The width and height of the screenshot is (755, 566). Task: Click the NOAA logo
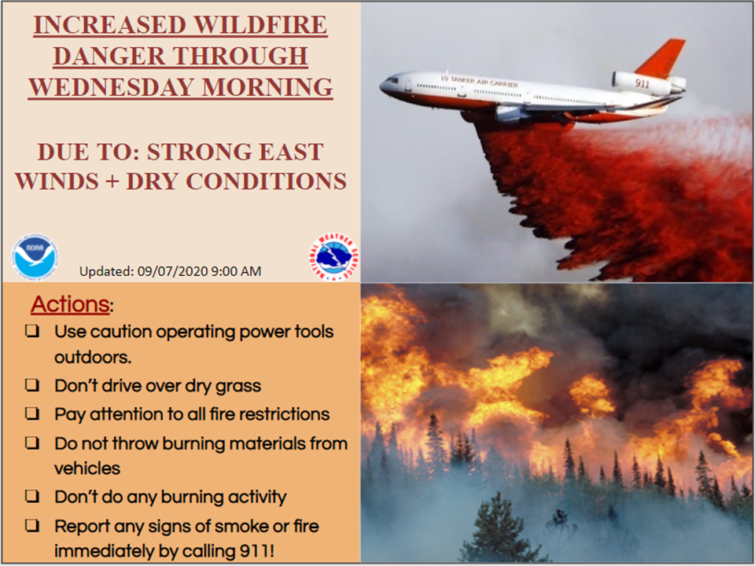coord(35,257)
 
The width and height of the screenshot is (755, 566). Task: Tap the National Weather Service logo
coord(334,257)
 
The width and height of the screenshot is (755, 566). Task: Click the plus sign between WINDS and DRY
coord(112,182)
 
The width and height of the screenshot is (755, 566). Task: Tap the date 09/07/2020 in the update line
coord(172,271)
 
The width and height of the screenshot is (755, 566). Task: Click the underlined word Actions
coord(70,304)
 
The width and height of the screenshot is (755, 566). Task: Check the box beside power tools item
coord(33,331)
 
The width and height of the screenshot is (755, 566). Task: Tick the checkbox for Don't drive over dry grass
coord(33,385)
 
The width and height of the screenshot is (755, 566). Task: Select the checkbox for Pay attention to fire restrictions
coord(33,413)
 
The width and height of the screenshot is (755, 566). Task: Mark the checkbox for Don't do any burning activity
coord(33,496)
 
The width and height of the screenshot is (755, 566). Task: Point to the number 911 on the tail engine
coord(642,83)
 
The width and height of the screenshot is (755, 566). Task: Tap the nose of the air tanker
coord(383,87)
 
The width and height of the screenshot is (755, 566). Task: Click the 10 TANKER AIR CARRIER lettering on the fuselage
coord(479,81)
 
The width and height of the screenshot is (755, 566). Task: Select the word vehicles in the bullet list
coord(87,469)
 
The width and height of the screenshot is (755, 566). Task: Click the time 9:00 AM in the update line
coord(236,271)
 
